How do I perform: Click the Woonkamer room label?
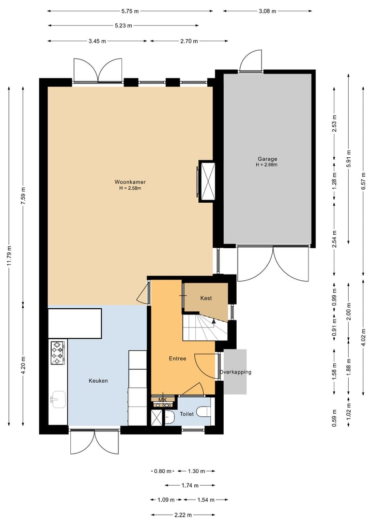point(130,182)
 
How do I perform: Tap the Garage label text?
point(268,159)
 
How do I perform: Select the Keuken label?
point(98,381)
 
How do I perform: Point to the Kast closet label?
point(206,298)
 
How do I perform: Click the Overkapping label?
point(235,372)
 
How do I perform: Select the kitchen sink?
point(57,398)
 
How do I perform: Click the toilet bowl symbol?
point(204,413)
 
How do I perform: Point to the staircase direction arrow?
point(213,322)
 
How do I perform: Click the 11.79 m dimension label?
point(9,256)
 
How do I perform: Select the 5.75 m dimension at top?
point(130,10)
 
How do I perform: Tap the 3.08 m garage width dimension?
point(267,10)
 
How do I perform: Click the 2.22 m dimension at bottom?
point(183,515)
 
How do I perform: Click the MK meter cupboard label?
point(162,399)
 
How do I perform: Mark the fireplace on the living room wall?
point(207,181)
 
